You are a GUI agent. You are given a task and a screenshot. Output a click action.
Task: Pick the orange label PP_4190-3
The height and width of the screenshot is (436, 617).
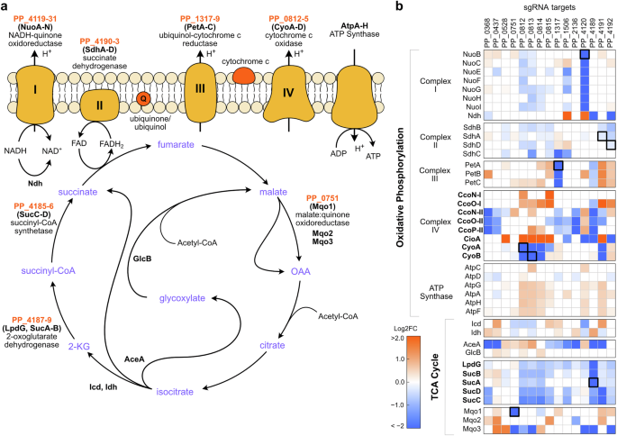point(105,42)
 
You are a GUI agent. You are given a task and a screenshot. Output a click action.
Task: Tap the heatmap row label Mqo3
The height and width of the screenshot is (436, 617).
point(468,429)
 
